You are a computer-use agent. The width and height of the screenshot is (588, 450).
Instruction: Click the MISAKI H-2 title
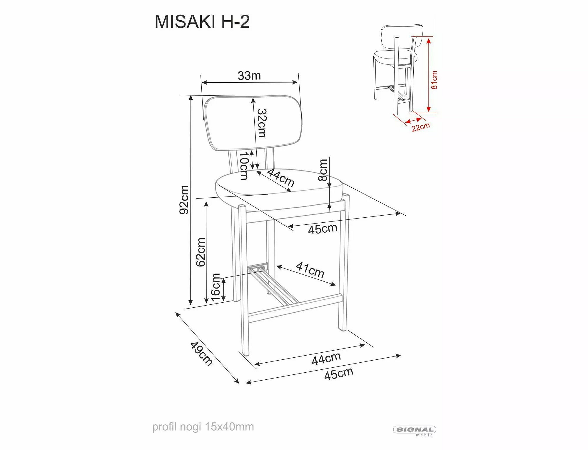pyautogui.click(x=202, y=22)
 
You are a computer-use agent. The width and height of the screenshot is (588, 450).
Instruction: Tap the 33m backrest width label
pyautogui.click(x=249, y=76)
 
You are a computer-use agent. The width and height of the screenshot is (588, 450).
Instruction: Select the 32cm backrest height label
pyautogui.click(x=262, y=123)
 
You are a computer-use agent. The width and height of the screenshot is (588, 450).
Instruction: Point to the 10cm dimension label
pyautogui.click(x=244, y=166)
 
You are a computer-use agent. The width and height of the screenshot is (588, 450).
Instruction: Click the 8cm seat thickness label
pyautogui.click(x=323, y=170)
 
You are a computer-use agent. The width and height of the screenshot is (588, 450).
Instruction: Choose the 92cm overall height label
pyautogui.click(x=184, y=200)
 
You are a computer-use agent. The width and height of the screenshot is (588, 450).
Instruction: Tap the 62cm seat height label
pyautogui.click(x=201, y=252)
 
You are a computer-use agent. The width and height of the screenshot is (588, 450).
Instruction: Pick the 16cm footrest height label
pyautogui.click(x=216, y=287)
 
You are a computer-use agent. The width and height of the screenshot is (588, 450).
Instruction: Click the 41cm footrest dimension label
pyautogui.click(x=310, y=270)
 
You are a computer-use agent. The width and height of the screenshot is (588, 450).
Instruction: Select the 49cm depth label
pyautogui.click(x=201, y=354)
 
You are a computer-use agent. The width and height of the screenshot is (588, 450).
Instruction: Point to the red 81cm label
pyautogui.click(x=434, y=80)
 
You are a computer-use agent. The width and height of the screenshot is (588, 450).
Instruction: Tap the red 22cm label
pyautogui.click(x=421, y=127)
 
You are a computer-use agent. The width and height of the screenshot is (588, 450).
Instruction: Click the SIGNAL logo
pyautogui.click(x=415, y=430)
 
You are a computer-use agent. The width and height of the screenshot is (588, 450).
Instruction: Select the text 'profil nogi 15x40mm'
pyautogui.click(x=203, y=427)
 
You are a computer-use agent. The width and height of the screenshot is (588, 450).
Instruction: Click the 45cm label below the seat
pyautogui.click(x=323, y=229)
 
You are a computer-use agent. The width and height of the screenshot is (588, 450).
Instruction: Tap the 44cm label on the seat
pyautogui.click(x=281, y=178)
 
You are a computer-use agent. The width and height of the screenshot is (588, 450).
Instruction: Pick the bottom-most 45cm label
pyautogui.click(x=339, y=374)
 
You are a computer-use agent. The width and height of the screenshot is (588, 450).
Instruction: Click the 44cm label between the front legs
pyautogui.click(x=326, y=359)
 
